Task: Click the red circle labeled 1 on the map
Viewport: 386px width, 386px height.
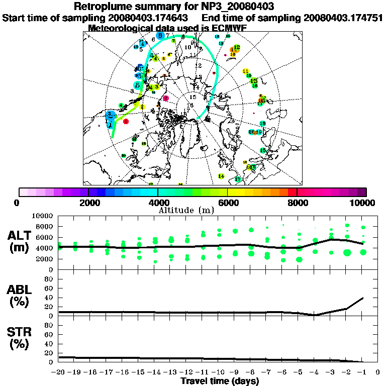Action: pyautogui.click(x=126, y=122)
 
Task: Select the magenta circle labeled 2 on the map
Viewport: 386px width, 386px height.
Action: pyautogui.click(x=166, y=99)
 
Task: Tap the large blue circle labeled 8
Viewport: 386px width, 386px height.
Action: pyautogui.click(x=160, y=36)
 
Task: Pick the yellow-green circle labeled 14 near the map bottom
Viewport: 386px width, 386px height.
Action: pyautogui.click(x=221, y=176)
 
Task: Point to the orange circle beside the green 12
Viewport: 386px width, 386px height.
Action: pyautogui.click(x=232, y=50)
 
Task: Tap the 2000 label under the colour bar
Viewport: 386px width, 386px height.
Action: pyautogui.click(x=88, y=203)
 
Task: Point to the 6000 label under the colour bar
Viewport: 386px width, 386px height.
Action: pyautogui.click(x=228, y=203)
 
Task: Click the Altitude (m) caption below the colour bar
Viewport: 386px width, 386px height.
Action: pyautogui.click(x=193, y=210)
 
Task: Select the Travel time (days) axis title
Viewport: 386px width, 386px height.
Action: pyautogui.click(x=220, y=381)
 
